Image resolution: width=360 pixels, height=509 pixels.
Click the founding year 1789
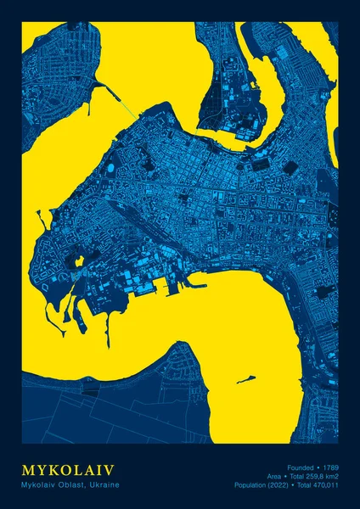(330, 467)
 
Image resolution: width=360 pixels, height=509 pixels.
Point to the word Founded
(301, 467)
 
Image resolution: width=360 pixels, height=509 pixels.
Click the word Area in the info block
(273, 477)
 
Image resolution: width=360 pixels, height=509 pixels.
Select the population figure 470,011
(323, 485)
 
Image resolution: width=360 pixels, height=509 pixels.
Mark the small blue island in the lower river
(247, 379)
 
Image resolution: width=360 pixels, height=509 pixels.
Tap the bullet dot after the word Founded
(318, 467)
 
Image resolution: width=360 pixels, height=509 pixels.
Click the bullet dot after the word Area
(285, 477)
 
